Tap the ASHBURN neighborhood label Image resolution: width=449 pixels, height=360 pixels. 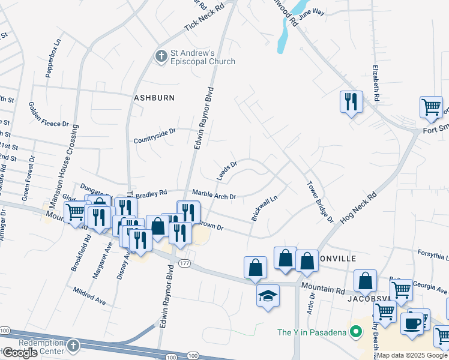click(154, 97)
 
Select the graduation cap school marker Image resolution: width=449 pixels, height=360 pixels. click(268, 295)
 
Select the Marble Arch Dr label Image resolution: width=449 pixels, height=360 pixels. click(214, 196)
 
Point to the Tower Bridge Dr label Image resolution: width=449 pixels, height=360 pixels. click(320, 202)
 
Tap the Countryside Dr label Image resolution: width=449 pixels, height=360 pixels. click(155, 131)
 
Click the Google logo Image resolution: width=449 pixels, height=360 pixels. click(20, 353)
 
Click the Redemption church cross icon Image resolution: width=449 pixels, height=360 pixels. click(73, 346)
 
